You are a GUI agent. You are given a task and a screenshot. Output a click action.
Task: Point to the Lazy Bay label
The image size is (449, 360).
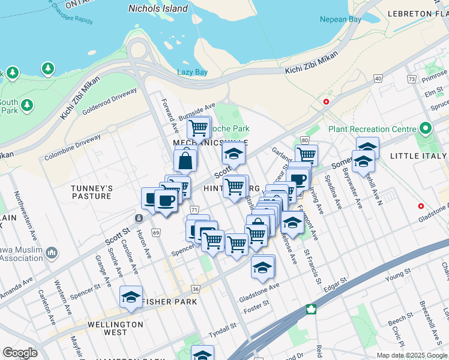pyautogui.click(x=192, y=73)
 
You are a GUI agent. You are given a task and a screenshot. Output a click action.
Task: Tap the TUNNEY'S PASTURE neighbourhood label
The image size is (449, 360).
pyautogui.click(x=91, y=192)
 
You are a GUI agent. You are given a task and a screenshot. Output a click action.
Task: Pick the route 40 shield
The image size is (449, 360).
pyautogui.click(x=378, y=79)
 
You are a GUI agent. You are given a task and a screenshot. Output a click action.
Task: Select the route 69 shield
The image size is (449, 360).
pyautogui.click(x=156, y=232)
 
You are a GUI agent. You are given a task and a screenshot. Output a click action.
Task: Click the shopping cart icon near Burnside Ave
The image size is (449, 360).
pyautogui.click(x=198, y=127)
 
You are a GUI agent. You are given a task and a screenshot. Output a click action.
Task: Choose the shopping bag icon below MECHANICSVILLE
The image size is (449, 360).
pyautogui.click(x=185, y=161)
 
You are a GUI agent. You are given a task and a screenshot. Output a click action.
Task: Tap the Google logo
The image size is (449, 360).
pyautogui.click(x=20, y=353)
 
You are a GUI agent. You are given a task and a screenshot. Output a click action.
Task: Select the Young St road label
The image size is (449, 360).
pyautogui.click(x=397, y=277)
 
